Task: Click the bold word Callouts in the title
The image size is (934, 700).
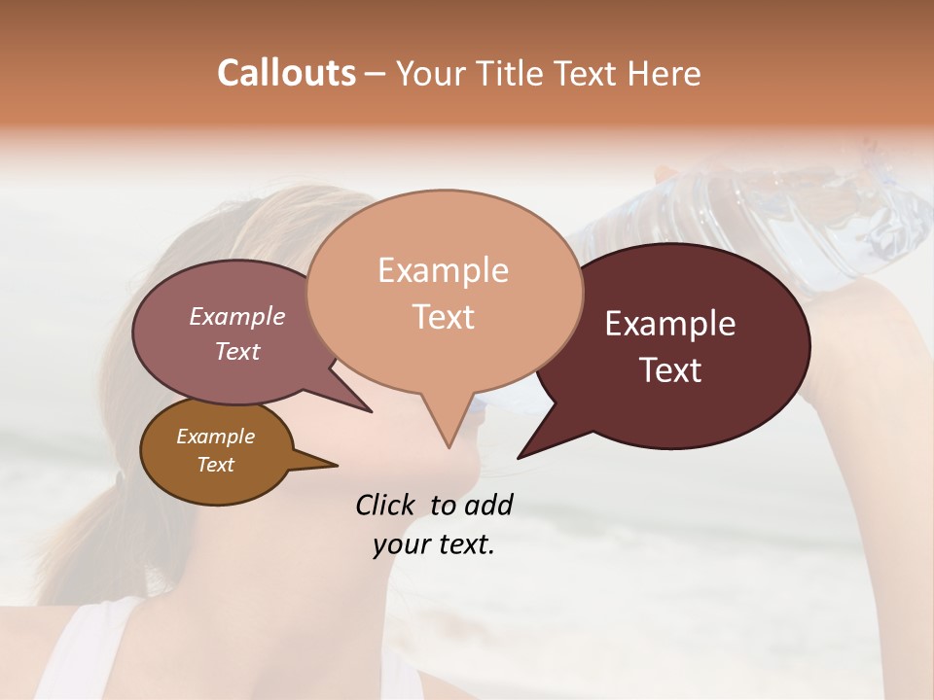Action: click(x=286, y=73)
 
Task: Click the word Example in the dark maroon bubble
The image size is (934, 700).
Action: click(x=669, y=324)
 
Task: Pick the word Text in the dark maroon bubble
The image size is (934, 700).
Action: click(x=669, y=370)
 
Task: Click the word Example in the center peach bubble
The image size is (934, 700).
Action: click(x=443, y=270)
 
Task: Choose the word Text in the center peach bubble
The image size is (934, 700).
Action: click(x=443, y=317)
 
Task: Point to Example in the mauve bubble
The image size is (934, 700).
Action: click(x=236, y=316)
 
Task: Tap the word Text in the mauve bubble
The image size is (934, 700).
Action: click(x=236, y=351)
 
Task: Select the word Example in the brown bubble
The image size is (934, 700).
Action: click(x=215, y=437)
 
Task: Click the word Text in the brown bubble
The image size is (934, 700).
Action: click(x=215, y=465)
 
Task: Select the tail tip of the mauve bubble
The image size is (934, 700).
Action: click(x=370, y=411)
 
